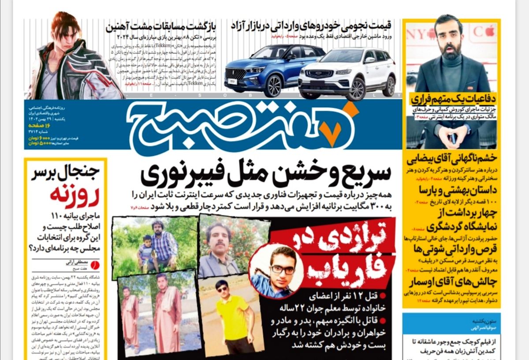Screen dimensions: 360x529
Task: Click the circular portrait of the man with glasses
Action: pos(276,271)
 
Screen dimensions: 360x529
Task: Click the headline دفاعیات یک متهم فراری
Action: pos(454,99)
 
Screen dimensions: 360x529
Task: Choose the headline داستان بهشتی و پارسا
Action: pos(458,190)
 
